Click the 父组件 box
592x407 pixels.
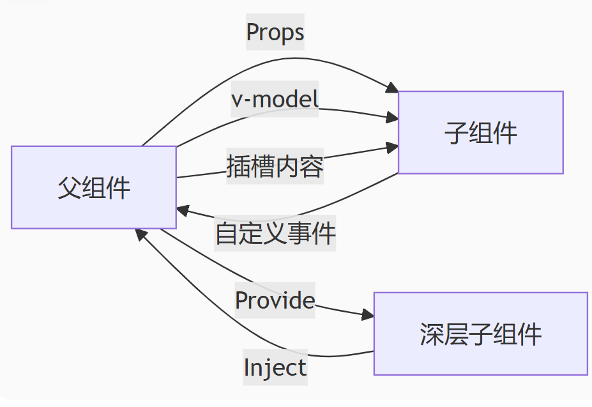pyautogui.click(x=94, y=187)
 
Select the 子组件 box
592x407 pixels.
pyautogui.click(x=480, y=132)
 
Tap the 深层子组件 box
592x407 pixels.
pyautogui.click(x=480, y=334)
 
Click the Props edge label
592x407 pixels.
pyautogui.click(x=275, y=32)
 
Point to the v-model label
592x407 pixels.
pyautogui.click(x=275, y=99)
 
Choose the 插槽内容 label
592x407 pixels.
pyautogui.click(x=275, y=167)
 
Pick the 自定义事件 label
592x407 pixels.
pyautogui.click(x=275, y=234)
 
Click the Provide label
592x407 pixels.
pyautogui.click(x=275, y=300)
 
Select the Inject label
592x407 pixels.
pyautogui.click(x=275, y=367)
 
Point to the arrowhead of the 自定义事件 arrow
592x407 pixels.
pyautogui.click(x=183, y=211)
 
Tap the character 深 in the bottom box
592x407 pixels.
pyautogui.click(x=432, y=334)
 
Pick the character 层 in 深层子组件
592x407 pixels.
pyautogui.click(x=456, y=334)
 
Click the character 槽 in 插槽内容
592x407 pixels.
pyautogui.click(x=263, y=167)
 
